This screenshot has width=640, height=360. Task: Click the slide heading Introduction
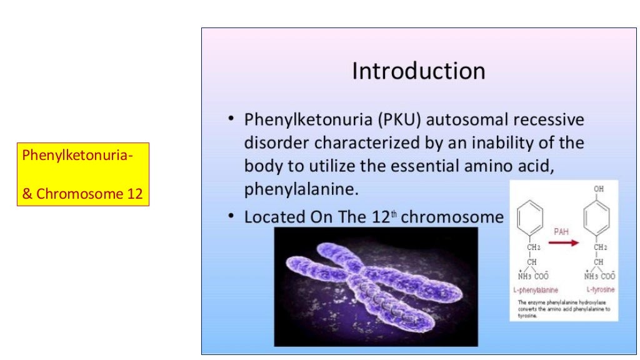tap(418, 71)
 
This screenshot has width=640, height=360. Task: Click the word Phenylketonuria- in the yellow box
tap(77, 154)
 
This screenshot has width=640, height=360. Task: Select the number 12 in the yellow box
tap(134, 194)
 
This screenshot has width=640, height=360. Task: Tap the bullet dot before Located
tap(231, 216)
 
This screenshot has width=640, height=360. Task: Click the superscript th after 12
tap(393, 213)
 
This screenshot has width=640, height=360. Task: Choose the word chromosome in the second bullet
tap(452, 217)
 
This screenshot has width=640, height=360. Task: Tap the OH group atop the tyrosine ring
tap(599, 189)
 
